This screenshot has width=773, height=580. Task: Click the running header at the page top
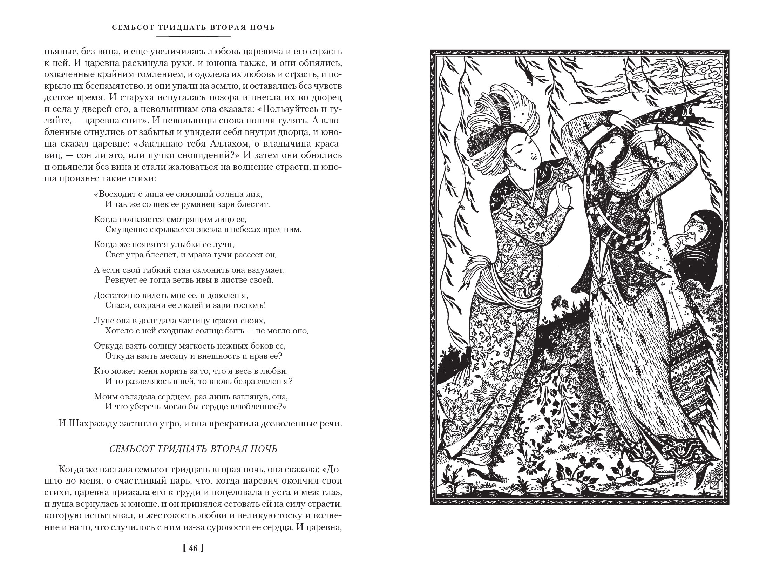193,27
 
